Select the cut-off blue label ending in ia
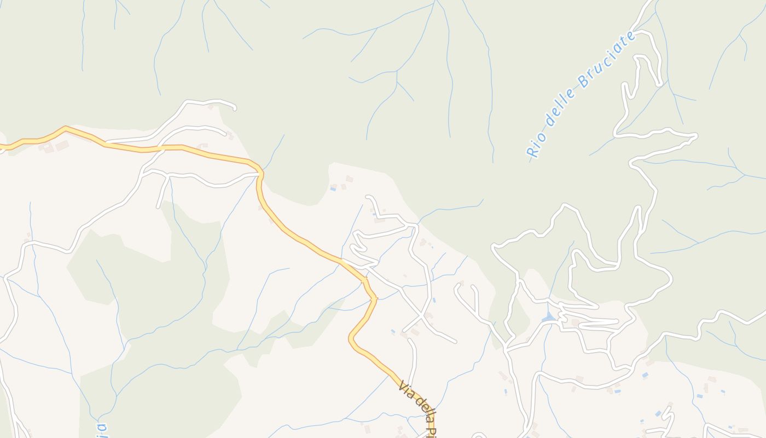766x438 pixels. (100, 429)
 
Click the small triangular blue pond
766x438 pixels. (549, 318)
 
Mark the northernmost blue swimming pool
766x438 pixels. (333, 189)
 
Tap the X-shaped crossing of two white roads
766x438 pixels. (421, 316)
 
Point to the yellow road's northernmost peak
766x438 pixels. (65, 129)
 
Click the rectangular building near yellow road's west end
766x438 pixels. (62, 146)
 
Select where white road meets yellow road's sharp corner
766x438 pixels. (260, 174)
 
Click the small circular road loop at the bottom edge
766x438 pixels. (478, 436)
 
